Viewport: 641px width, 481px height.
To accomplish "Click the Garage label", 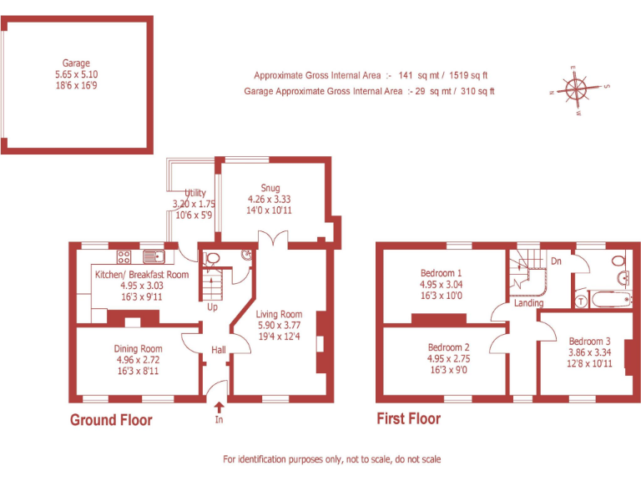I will point(76,63).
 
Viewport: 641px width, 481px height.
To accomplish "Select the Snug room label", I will point(270,188).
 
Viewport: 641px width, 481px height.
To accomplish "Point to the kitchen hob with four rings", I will point(124,257).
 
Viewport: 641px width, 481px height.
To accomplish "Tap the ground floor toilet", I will point(211,259).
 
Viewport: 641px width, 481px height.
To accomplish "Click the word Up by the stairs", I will point(213,306).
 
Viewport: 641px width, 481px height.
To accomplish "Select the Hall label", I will point(218,349).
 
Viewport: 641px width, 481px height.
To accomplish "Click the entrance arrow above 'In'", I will point(220,407).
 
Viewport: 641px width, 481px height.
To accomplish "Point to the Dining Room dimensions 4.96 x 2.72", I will point(139,360).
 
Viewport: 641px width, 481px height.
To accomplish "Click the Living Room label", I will point(279,314).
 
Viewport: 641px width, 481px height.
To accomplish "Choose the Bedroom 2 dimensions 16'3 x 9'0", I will point(448,369).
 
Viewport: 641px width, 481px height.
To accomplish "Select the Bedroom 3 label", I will point(589,341).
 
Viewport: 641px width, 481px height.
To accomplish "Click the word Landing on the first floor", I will point(528,303).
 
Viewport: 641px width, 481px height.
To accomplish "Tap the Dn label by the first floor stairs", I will point(556,261).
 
